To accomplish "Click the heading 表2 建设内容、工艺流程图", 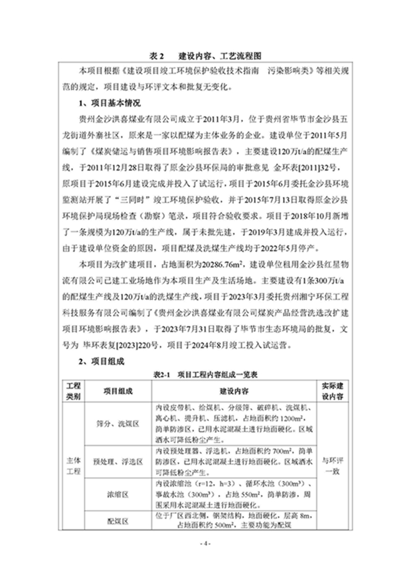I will point(205,57).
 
